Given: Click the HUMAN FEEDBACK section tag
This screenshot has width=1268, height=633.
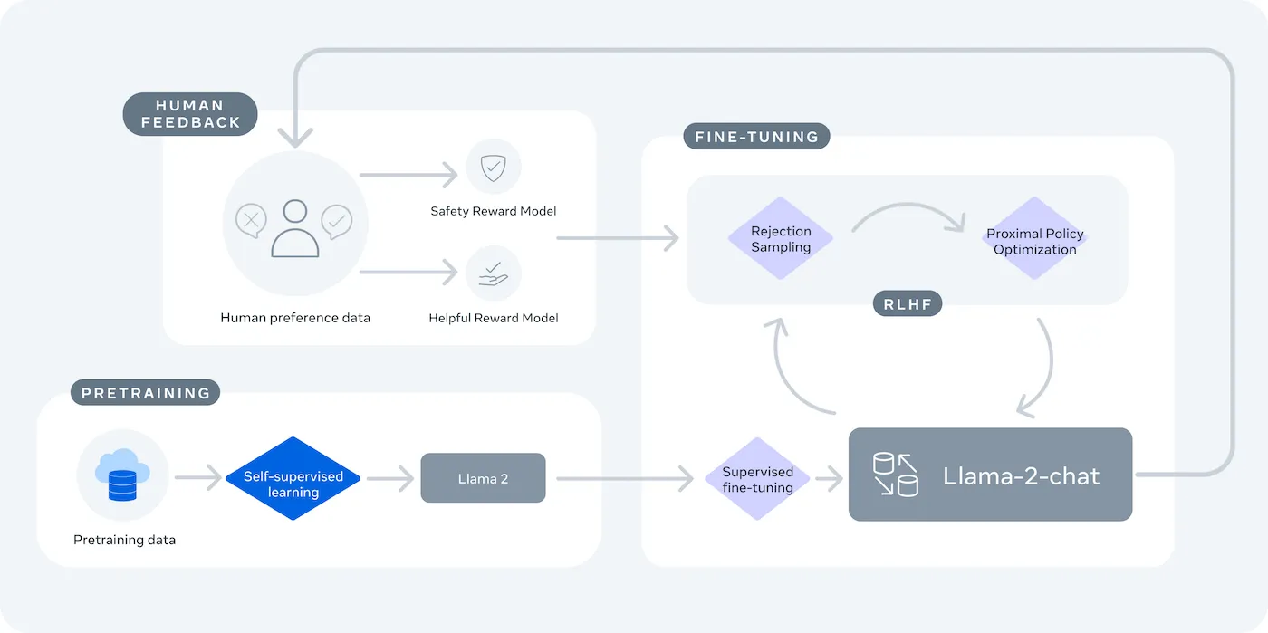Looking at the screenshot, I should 190,114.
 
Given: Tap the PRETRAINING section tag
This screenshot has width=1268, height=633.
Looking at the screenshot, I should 145,393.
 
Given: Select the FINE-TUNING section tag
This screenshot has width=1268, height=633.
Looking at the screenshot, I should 756,137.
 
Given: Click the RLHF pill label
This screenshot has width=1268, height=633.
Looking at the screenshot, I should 908,304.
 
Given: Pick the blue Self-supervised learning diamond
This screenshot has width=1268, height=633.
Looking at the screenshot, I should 293,478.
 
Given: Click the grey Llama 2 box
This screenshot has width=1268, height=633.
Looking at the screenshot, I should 483,478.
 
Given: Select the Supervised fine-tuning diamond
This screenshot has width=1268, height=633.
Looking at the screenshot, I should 757,479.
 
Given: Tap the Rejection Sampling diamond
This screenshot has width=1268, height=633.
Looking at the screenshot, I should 781,239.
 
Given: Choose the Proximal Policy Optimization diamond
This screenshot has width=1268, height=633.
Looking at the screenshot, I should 1034,241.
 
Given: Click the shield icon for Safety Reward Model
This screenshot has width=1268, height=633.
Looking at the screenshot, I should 493,168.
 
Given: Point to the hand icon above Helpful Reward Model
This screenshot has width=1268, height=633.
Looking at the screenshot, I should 493,273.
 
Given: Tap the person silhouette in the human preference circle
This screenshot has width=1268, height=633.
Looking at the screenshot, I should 294,229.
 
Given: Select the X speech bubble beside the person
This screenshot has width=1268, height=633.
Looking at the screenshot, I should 252,220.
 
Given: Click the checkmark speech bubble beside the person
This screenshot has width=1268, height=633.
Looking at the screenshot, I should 337,220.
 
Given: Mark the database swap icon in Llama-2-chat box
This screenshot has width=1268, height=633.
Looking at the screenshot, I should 895,475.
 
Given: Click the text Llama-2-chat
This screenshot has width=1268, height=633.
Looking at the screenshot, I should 1021,475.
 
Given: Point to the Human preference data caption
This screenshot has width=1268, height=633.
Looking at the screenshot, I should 295,318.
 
